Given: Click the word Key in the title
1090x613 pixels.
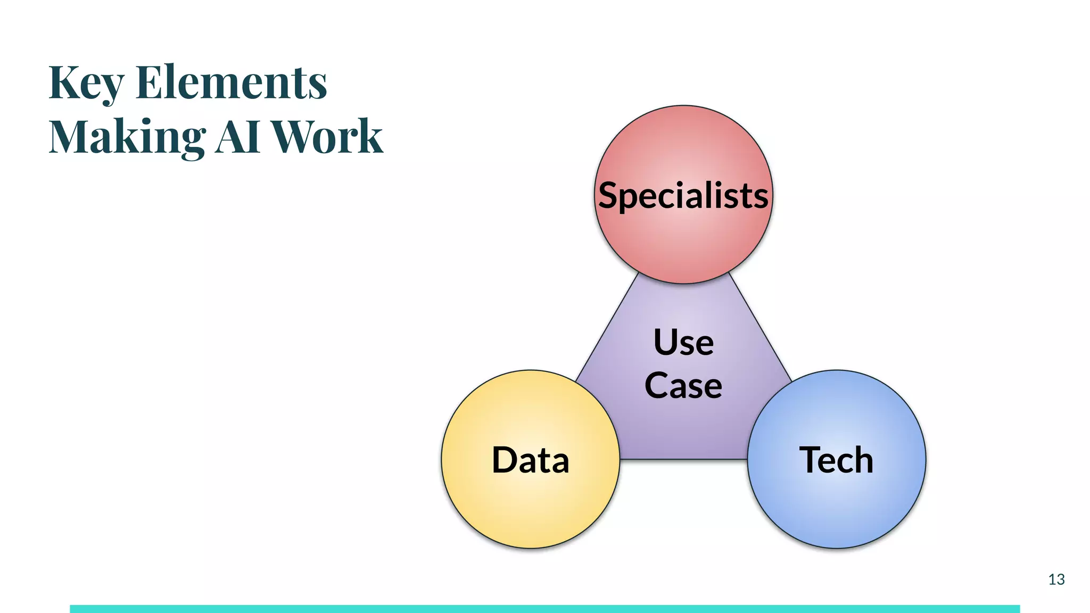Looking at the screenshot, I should [x=86, y=83].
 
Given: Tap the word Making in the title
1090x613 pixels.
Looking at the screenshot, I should [x=127, y=137].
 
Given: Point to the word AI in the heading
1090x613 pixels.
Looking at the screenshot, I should [x=238, y=136].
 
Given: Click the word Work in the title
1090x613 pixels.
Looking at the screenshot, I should [x=327, y=136].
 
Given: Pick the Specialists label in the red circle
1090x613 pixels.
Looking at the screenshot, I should [x=683, y=195].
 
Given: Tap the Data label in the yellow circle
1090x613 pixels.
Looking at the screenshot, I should [x=531, y=460].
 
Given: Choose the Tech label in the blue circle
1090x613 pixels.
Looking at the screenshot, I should [x=836, y=460].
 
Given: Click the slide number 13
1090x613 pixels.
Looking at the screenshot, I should [x=1056, y=579].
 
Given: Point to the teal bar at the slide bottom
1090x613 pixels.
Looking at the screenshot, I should [x=544, y=609].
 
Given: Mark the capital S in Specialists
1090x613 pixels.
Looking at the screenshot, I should [x=610, y=195].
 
